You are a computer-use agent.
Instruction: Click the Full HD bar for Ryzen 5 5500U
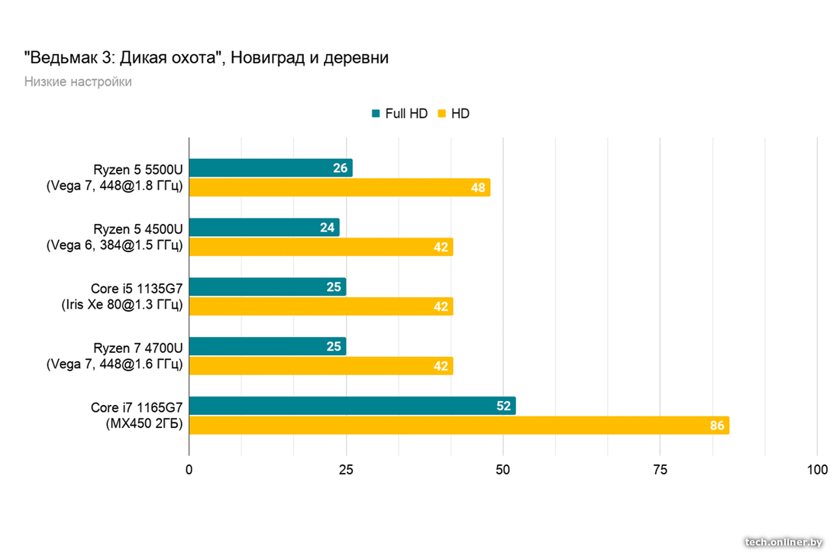click(270, 167)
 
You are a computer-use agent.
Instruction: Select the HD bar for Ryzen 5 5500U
click(339, 187)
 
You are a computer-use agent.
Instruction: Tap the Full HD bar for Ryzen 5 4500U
click(263, 227)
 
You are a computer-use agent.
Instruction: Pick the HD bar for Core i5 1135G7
click(321, 306)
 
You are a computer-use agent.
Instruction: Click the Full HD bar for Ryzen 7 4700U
click(267, 346)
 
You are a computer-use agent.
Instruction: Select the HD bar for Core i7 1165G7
click(458, 426)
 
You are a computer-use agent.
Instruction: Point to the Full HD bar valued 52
click(351, 406)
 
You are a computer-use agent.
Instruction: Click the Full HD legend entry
click(399, 114)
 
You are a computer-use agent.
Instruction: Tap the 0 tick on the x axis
click(189, 470)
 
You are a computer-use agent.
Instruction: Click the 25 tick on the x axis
click(347, 470)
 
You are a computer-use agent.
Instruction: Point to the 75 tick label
click(660, 470)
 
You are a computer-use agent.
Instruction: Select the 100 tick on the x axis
click(817, 470)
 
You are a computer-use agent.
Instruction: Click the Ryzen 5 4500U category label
click(137, 237)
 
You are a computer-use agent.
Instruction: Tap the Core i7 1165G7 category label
click(137, 416)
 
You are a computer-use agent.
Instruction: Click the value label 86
click(717, 426)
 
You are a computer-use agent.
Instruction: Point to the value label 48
click(479, 187)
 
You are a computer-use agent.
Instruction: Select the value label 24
click(328, 227)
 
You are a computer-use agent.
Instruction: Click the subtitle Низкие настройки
click(77, 82)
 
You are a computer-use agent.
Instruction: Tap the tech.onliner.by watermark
click(784, 542)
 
